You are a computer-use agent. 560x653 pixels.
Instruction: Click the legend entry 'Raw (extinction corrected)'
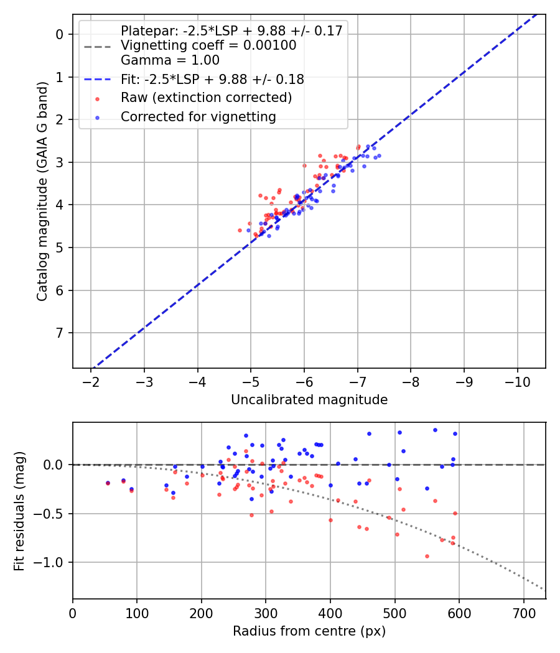coord(206,98)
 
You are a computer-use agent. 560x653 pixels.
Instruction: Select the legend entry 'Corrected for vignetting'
coord(198,116)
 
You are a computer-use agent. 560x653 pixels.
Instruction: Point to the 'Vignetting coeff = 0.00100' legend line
coord(208,45)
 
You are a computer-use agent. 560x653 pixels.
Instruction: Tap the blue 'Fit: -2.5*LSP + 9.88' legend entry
coord(212,79)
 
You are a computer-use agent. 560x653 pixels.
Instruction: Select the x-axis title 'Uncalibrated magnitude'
coord(309,400)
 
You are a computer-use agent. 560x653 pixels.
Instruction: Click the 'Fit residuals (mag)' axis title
coord(19,511)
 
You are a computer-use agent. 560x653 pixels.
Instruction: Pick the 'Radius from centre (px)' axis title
coord(309,631)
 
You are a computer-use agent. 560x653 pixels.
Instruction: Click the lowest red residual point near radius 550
coord(427,556)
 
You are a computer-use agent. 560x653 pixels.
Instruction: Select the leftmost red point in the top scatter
coord(240,230)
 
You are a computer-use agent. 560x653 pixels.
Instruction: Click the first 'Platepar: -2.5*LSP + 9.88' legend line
coord(231,31)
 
